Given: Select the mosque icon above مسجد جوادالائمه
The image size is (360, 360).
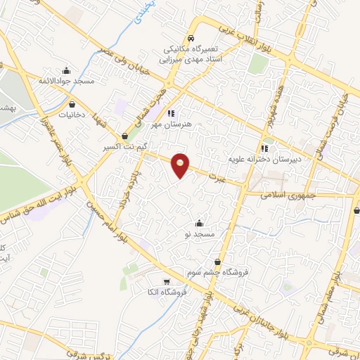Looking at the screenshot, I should (x=67, y=70).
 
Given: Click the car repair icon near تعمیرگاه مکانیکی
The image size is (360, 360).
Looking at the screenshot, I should (x=191, y=39).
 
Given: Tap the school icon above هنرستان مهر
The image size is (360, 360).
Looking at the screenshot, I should (x=171, y=112).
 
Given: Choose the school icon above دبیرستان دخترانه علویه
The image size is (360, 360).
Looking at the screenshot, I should (x=264, y=148).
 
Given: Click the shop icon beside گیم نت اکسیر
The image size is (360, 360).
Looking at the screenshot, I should (x=125, y=136).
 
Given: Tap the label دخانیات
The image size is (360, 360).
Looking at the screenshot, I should (x=72, y=115).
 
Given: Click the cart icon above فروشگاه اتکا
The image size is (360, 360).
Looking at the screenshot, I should (x=167, y=282).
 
